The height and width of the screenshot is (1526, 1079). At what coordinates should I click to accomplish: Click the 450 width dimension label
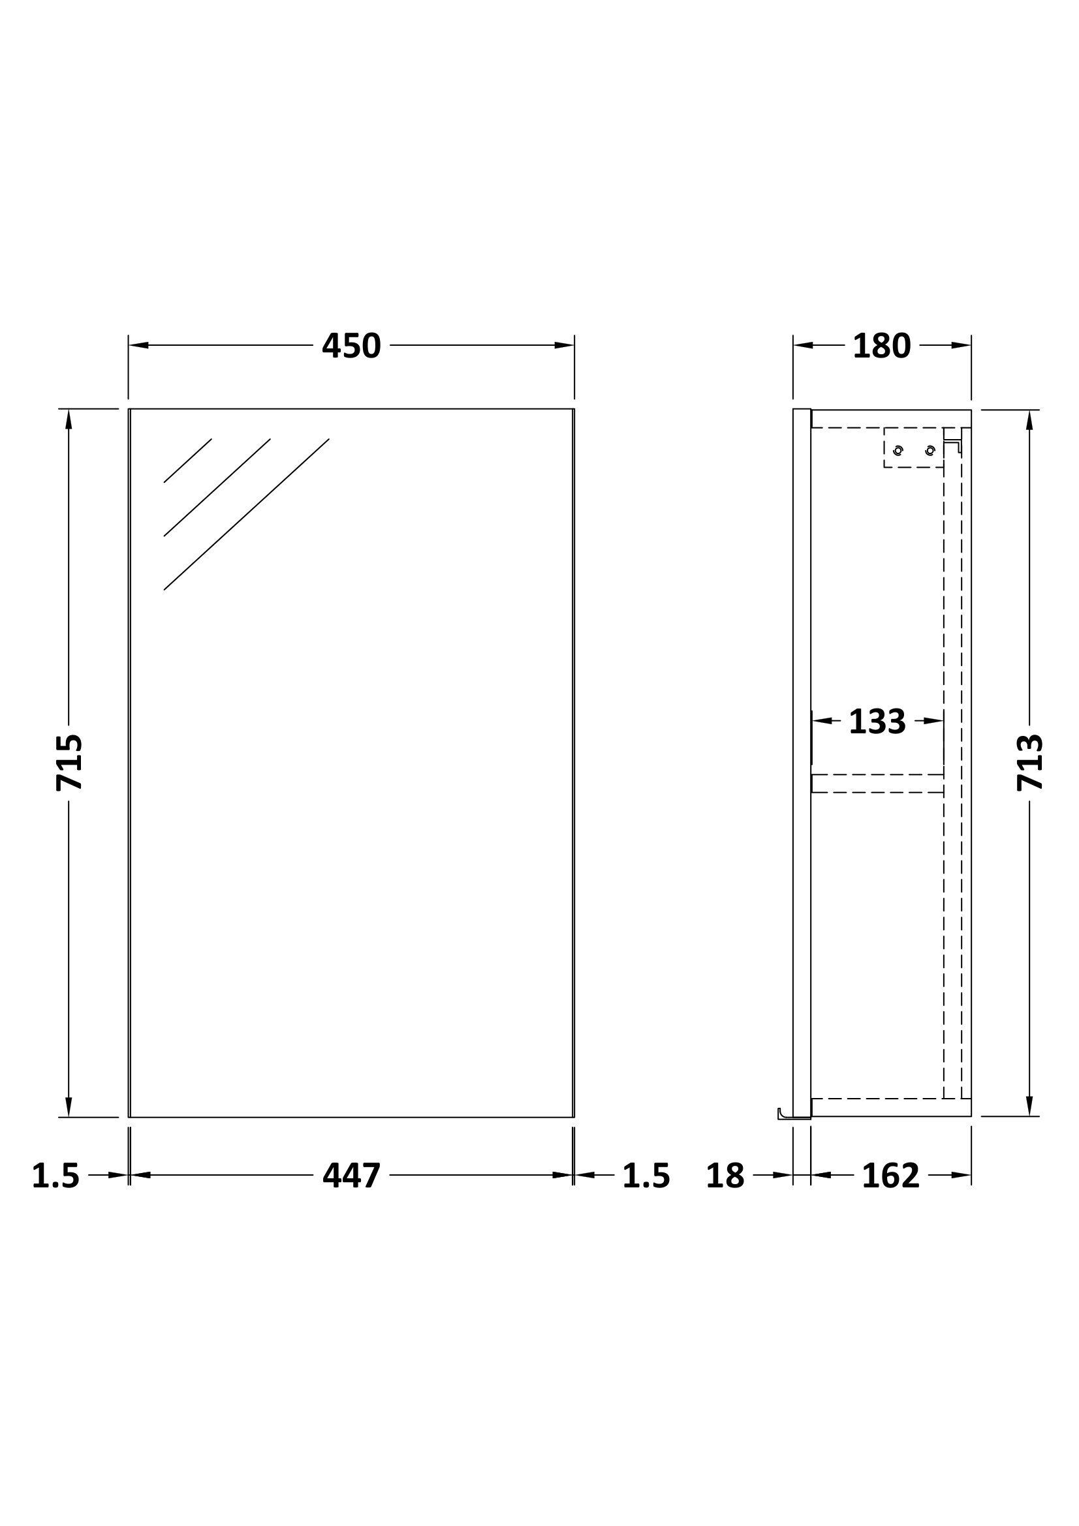click(351, 346)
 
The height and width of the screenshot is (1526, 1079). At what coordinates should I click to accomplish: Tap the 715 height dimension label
click(70, 761)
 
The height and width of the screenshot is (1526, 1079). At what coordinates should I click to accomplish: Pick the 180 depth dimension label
click(882, 346)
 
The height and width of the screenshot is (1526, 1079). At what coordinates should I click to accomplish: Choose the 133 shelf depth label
click(877, 721)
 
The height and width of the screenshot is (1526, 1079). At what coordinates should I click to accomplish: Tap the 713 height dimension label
click(1030, 761)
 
